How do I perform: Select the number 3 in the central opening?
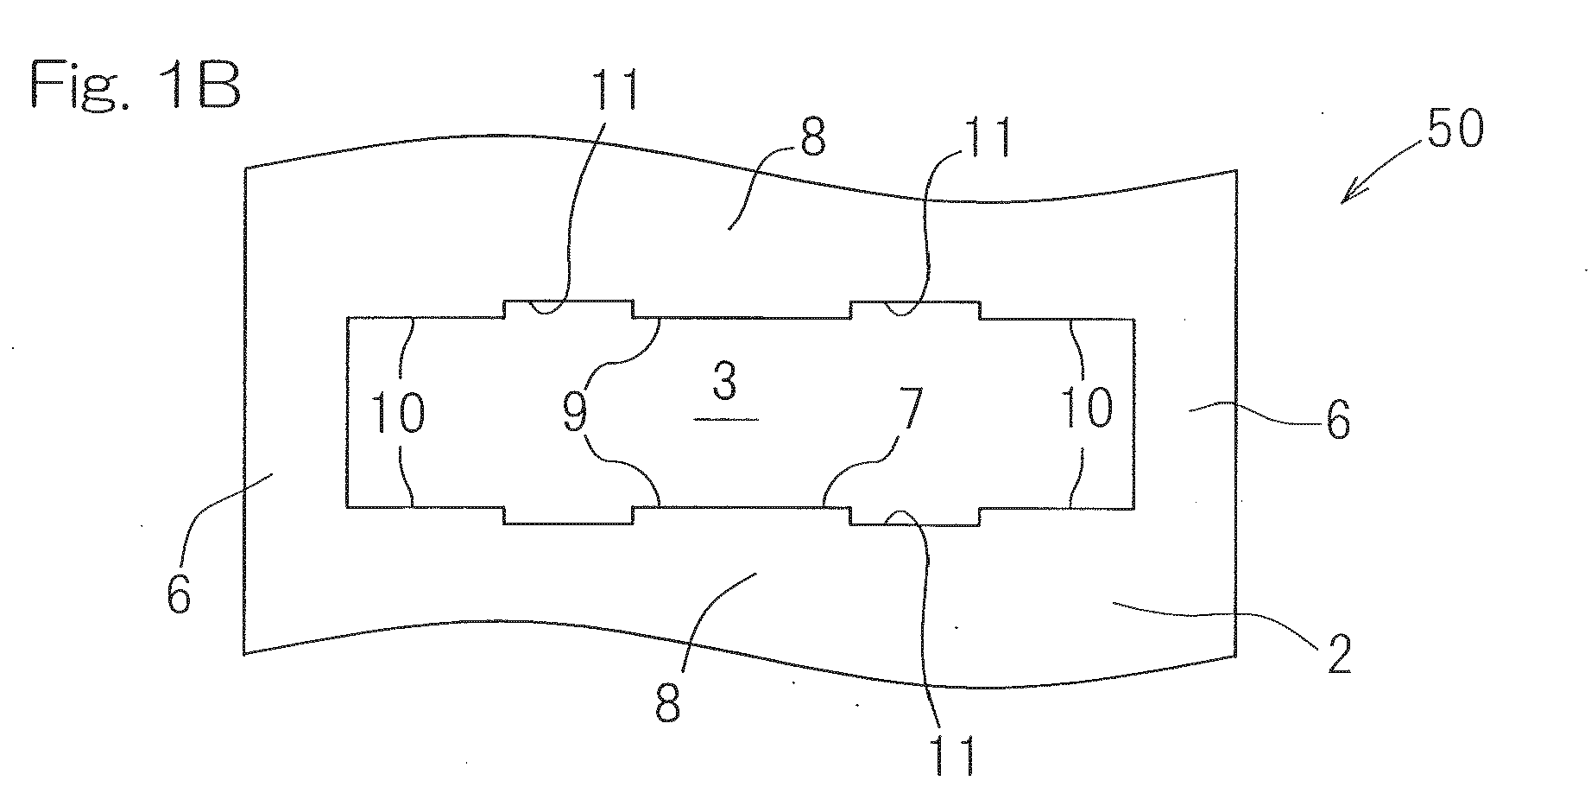click(725, 381)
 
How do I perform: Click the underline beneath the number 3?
click(726, 419)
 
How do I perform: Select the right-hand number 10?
click(1087, 408)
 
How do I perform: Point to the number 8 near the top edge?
click(811, 138)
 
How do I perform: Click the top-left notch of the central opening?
click(568, 309)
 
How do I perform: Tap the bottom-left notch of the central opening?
click(568, 515)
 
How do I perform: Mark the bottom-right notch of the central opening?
click(915, 515)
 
